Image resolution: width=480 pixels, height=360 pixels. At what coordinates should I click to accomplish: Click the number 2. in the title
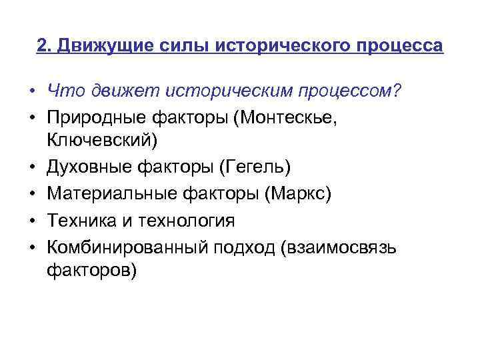(45, 46)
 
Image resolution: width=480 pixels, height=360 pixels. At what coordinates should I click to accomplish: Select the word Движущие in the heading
(105, 46)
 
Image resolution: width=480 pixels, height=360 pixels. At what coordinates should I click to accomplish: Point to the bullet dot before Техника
(31, 220)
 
